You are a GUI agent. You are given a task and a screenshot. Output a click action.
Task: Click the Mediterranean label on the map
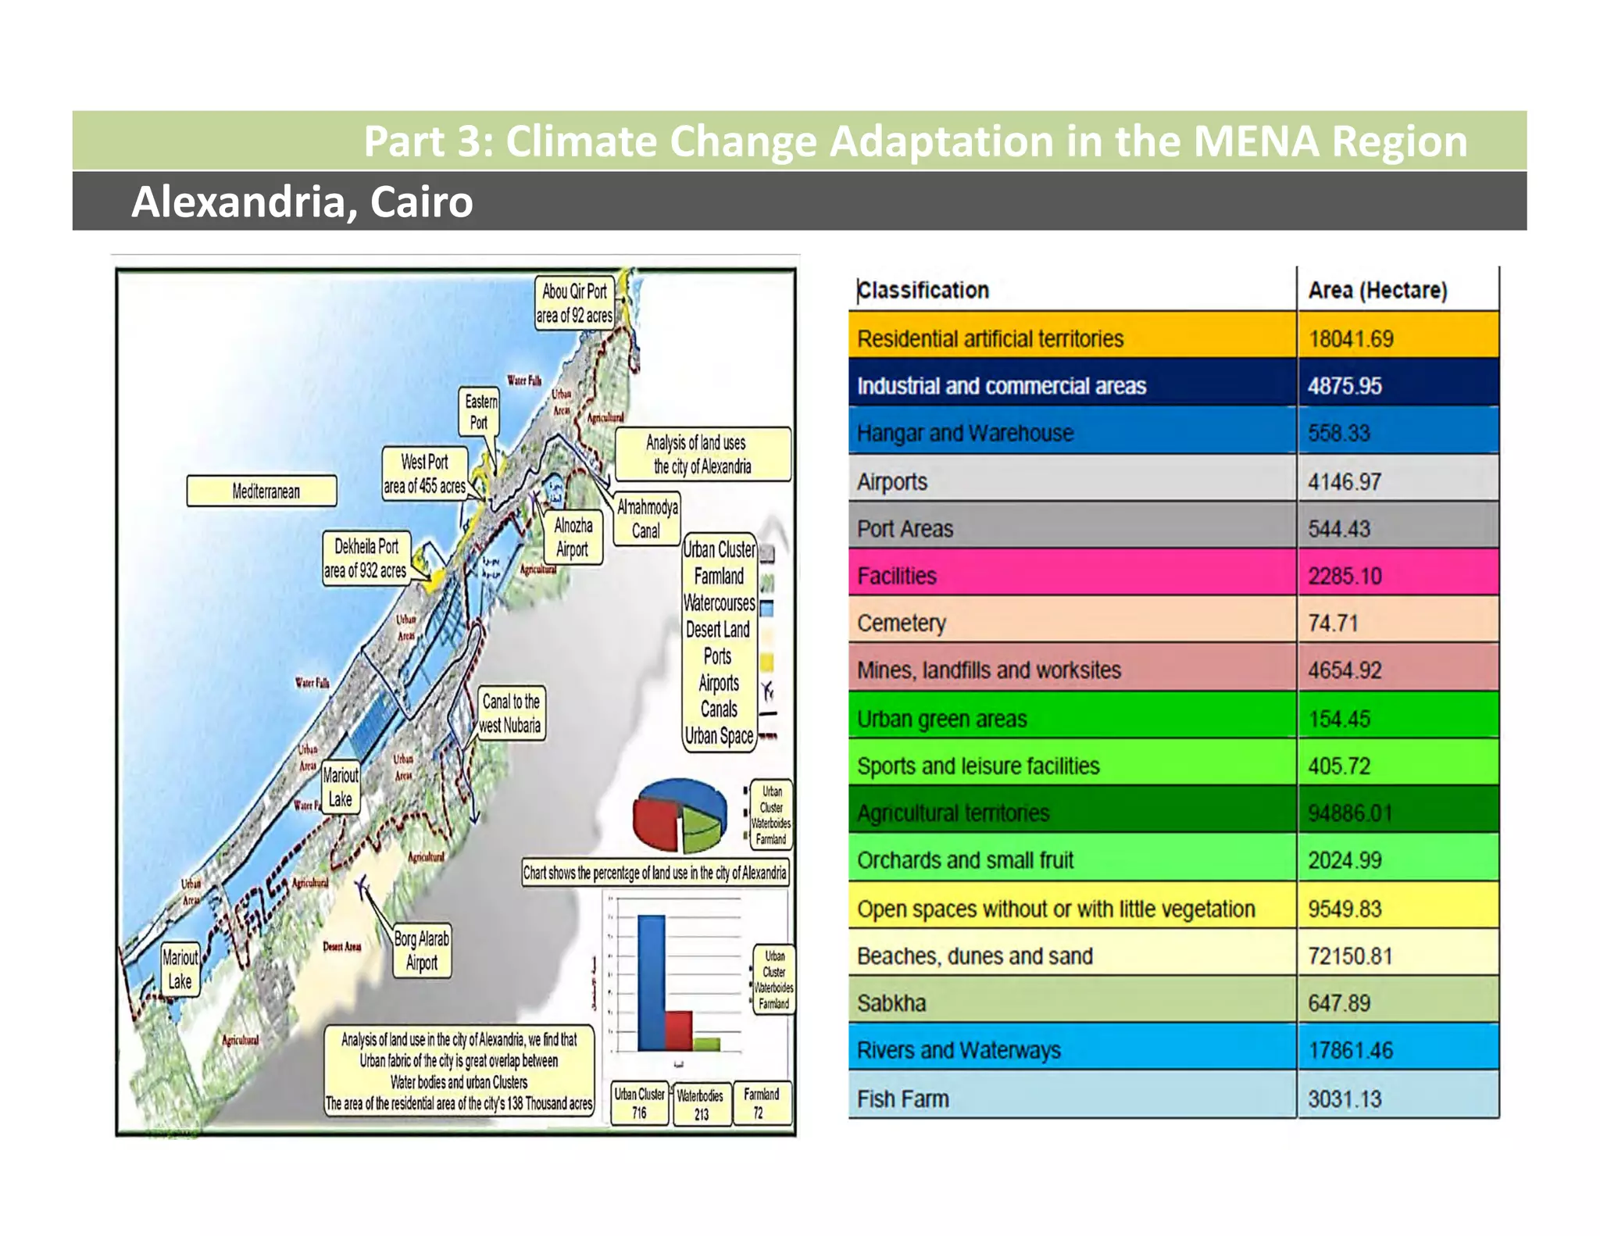pos(262,491)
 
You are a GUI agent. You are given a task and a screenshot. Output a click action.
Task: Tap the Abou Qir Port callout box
pos(574,302)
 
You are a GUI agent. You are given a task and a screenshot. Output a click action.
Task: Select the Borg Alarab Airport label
pos(422,950)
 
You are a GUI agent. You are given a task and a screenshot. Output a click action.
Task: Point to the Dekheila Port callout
pos(366,558)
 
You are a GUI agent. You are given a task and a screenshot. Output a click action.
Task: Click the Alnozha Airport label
pos(573,537)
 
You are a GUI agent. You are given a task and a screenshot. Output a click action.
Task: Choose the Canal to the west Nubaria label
pos(510,713)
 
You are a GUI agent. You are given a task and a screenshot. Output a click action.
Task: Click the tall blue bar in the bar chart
pos(652,983)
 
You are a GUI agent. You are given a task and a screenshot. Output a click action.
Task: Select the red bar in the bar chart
pos(678,1031)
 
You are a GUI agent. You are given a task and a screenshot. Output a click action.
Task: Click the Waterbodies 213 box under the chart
pos(701,1104)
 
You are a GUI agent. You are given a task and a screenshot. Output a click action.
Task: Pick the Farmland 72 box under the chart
pos(760,1102)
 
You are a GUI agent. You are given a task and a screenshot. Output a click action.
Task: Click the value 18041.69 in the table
pos(1351,338)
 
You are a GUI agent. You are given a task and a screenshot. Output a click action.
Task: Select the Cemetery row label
pos(902,623)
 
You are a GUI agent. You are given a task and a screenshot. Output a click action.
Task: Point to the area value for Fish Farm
pos(1345,1098)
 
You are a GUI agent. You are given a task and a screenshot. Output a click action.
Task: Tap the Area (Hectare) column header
pos(1377,290)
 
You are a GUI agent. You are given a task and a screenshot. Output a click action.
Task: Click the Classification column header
pos(923,290)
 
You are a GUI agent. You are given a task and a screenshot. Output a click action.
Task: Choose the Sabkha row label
pos(891,1002)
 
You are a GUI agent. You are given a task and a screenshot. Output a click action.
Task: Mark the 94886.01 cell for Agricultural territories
pos(1350,813)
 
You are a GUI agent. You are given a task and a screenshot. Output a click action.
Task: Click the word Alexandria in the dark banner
pos(237,202)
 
